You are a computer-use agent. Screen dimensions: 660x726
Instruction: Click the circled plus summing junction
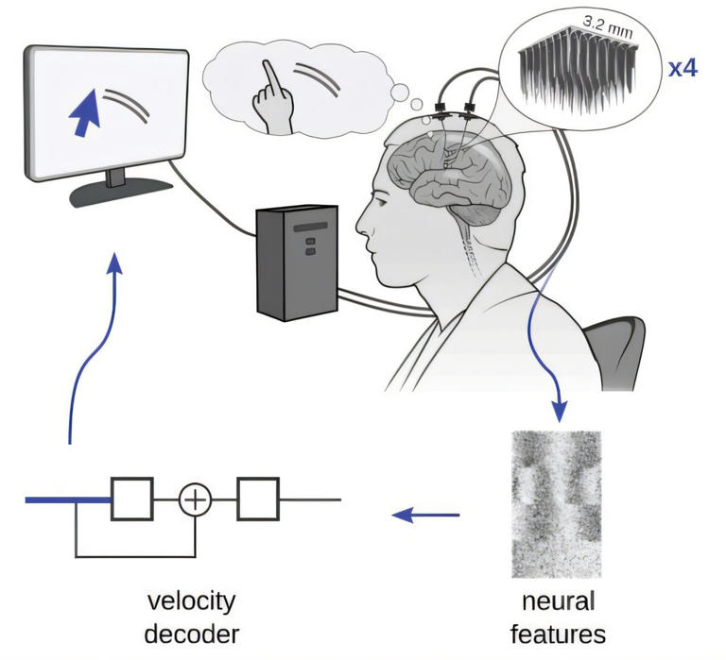coord(195,499)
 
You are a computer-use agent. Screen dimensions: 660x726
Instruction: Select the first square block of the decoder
coord(132,498)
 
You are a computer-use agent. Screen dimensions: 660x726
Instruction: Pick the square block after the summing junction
coord(258,499)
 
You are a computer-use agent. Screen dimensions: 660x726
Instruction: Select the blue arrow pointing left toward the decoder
coord(424,516)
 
